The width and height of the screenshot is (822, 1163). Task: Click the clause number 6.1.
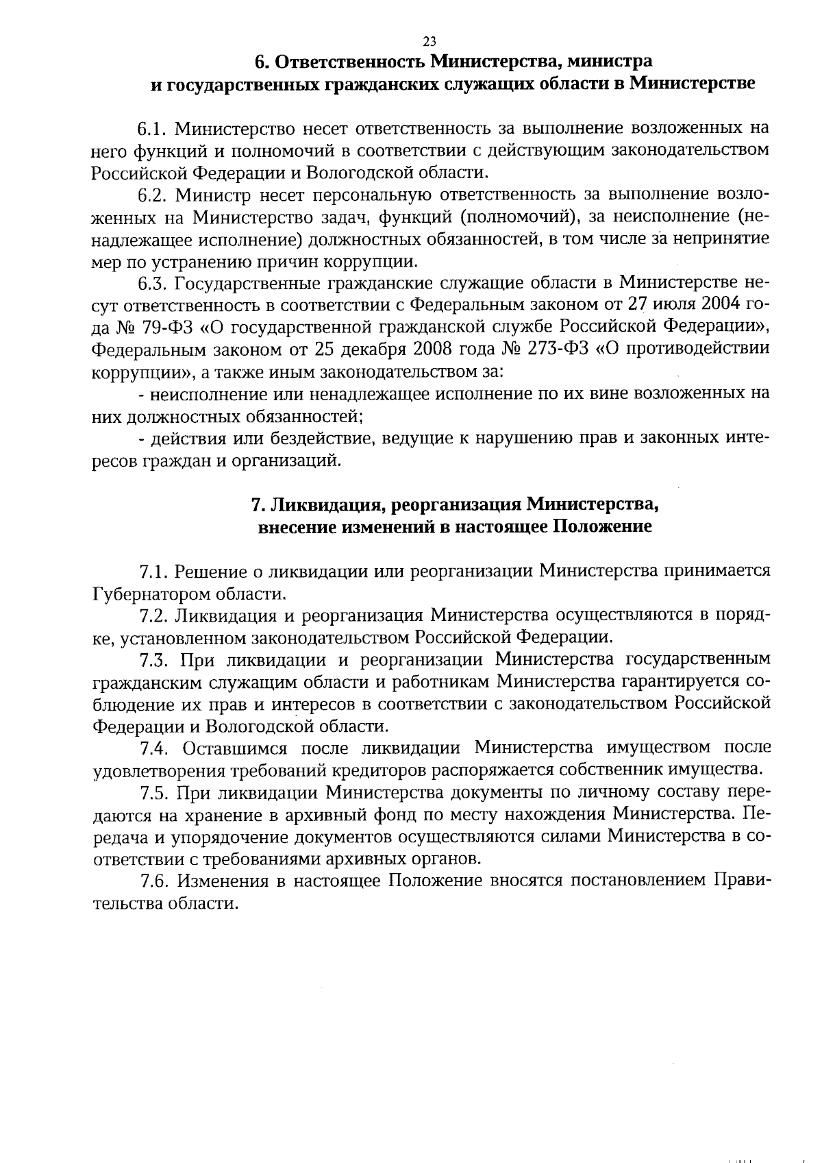154,128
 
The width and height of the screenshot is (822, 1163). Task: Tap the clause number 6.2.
154,195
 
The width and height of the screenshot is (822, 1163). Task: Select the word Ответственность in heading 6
351,62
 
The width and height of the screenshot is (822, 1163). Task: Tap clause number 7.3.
154,659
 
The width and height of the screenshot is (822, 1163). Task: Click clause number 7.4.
154,747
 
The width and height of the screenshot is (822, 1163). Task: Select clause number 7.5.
154,793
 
